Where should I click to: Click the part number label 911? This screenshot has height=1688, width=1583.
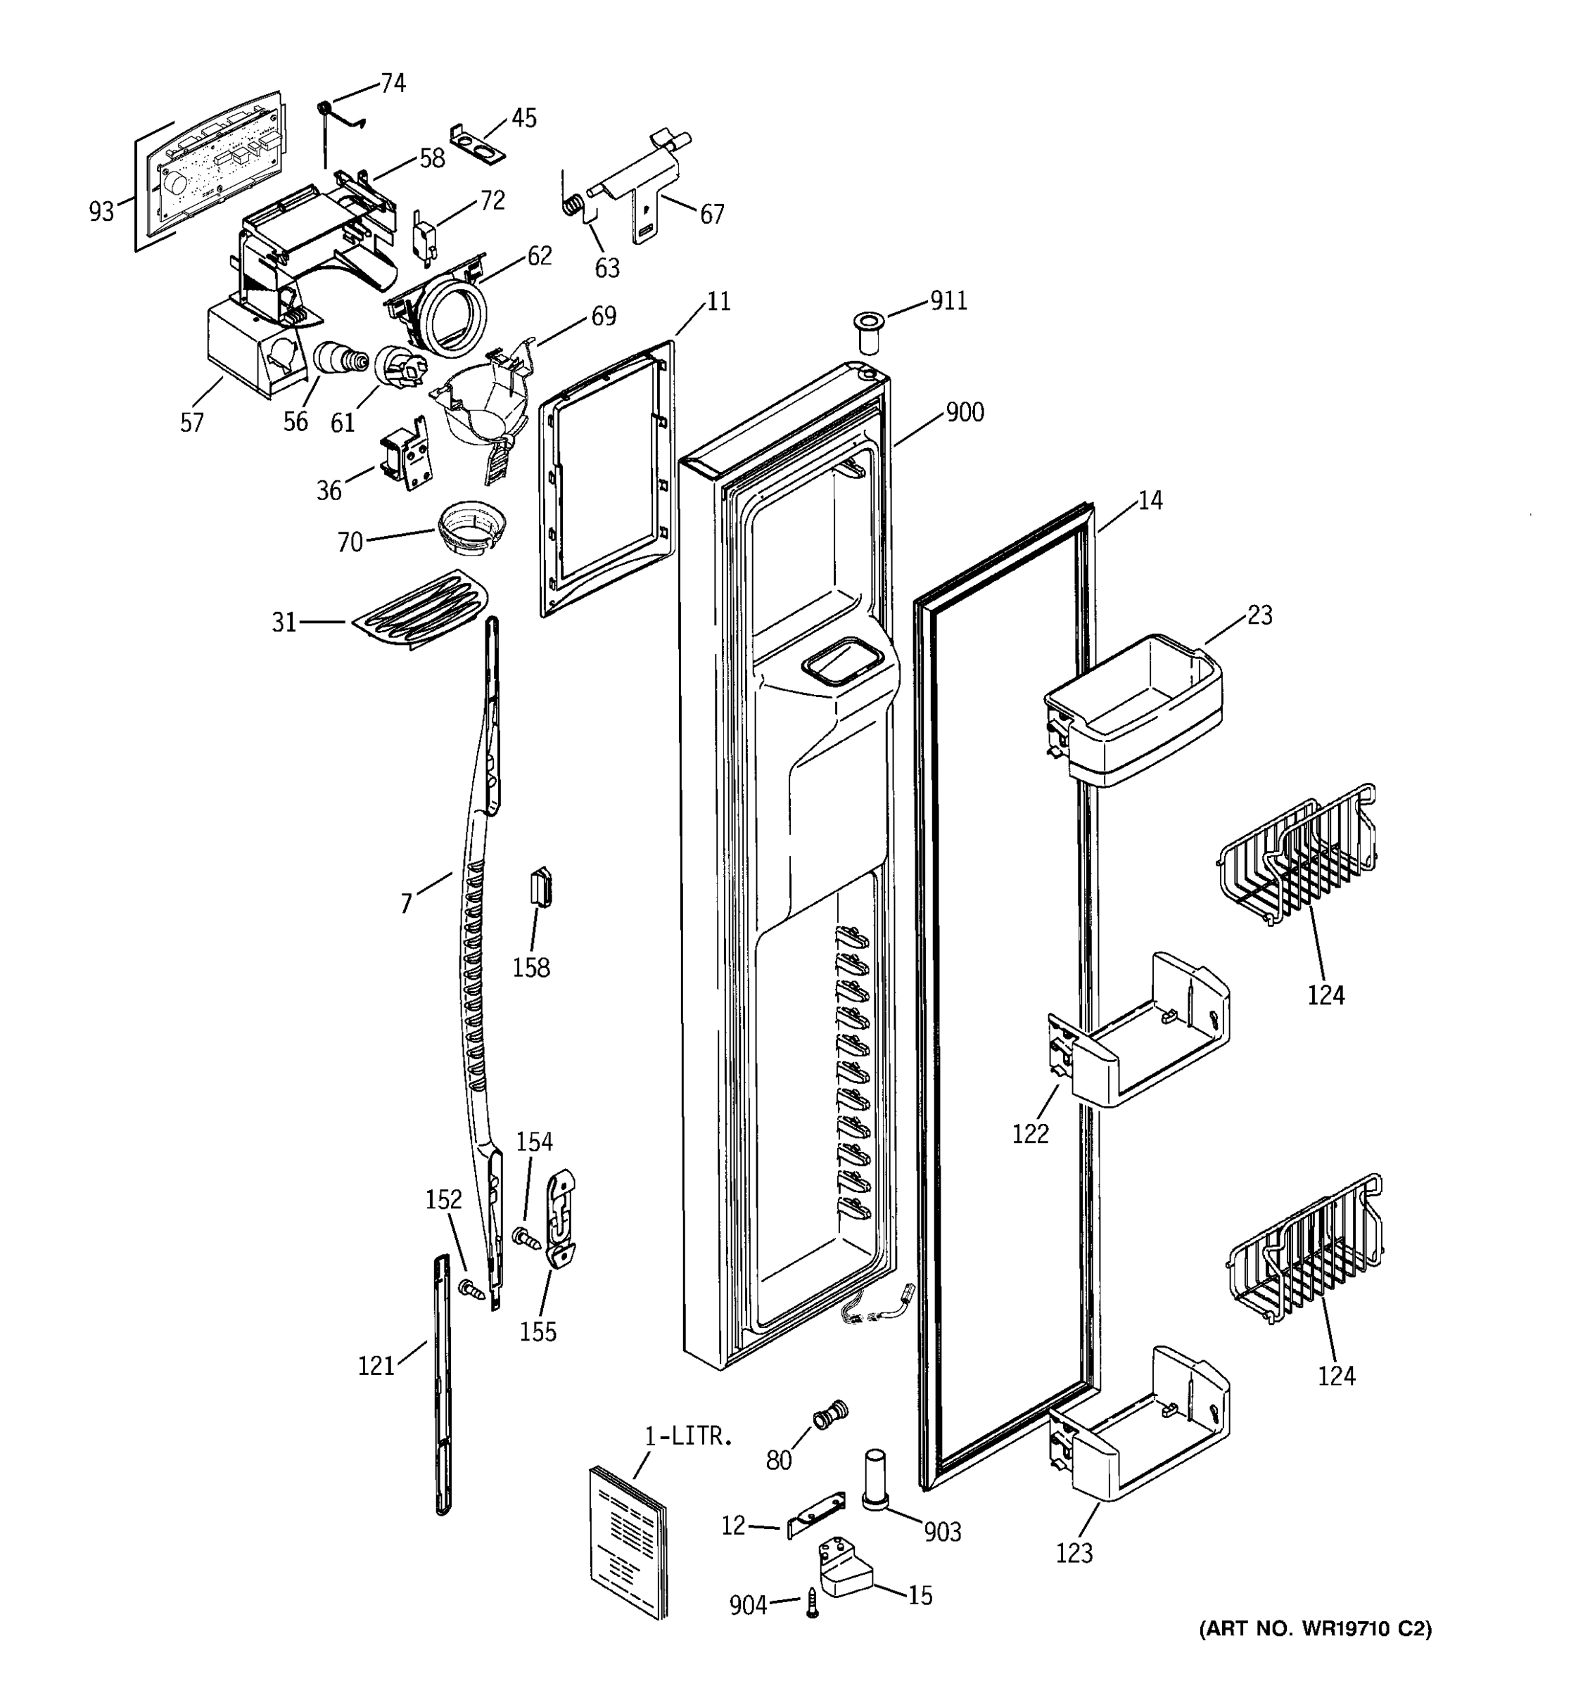pos(948,302)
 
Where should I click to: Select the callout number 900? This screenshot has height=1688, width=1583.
pos(965,413)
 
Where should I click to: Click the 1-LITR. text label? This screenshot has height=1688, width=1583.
pos(688,1437)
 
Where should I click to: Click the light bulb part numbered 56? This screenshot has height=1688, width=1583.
pos(339,357)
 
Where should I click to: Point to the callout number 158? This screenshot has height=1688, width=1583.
pos(530,968)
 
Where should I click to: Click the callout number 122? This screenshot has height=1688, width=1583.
pos(1030,1134)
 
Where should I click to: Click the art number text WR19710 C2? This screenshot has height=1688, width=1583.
pos(1315,1628)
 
